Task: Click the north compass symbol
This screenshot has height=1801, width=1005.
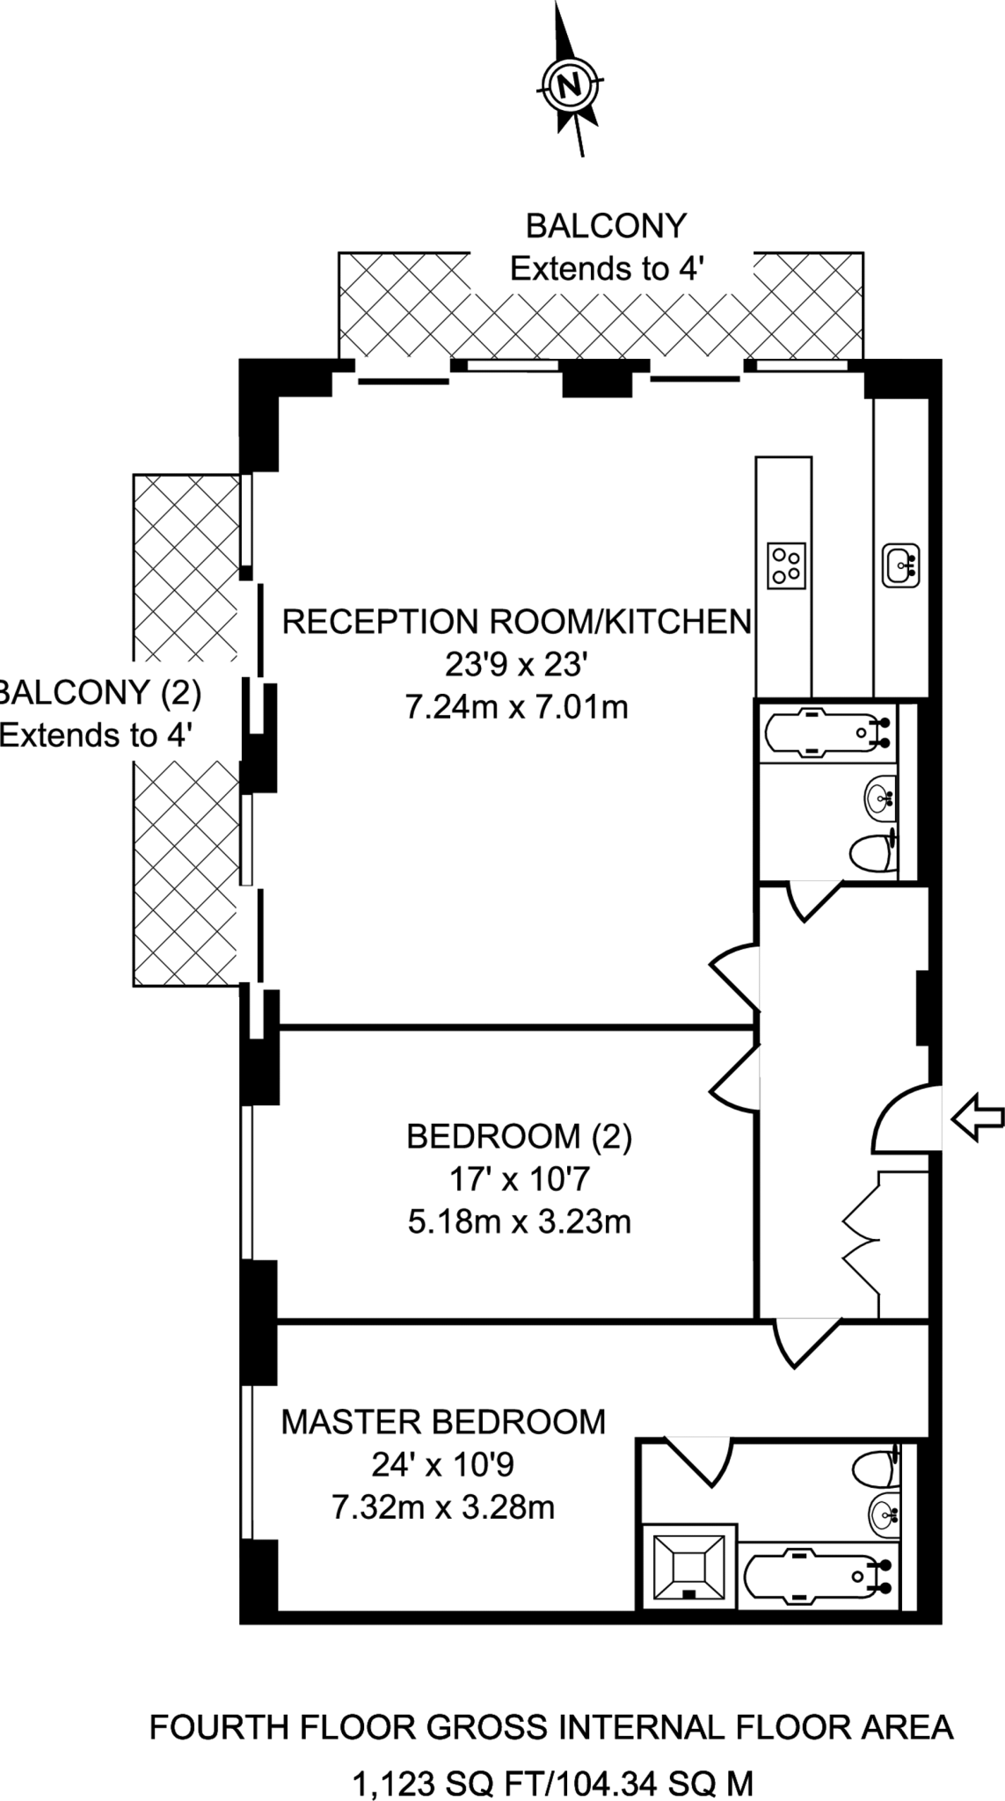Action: pyautogui.click(x=570, y=85)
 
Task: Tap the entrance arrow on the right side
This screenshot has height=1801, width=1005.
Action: pyautogui.click(x=977, y=1119)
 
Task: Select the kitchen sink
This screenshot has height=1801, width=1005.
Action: pyautogui.click(x=901, y=565)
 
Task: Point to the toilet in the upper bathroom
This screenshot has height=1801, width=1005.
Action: pyautogui.click(x=874, y=852)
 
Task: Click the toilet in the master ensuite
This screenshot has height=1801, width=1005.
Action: pyautogui.click(x=876, y=1468)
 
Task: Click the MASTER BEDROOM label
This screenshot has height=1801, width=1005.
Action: pyautogui.click(x=443, y=1421)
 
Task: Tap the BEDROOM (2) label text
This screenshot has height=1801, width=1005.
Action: pyautogui.click(x=519, y=1137)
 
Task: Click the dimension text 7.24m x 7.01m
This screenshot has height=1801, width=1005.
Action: pyautogui.click(x=516, y=706)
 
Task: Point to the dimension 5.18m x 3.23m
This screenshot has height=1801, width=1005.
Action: pyautogui.click(x=519, y=1221)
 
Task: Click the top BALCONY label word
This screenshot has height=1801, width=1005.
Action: pyautogui.click(x=605, y=226)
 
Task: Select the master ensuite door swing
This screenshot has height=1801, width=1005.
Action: pyautogui.click(x=699, y=1459)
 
